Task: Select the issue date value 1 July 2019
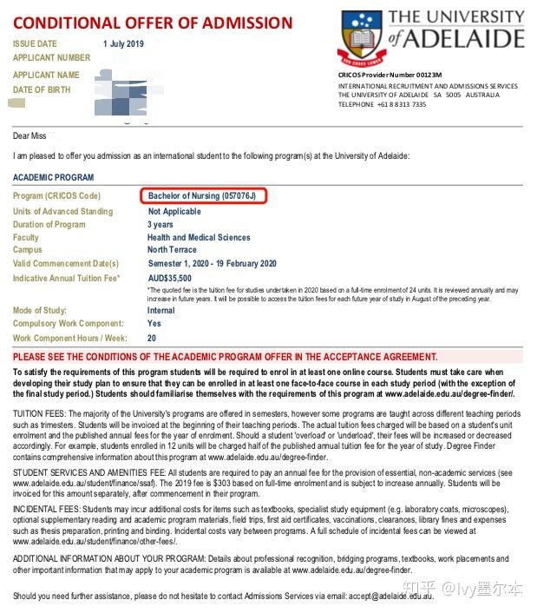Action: pos(123,43)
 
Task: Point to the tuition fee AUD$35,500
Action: pos(170,278)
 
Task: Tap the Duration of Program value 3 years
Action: pos(160,224)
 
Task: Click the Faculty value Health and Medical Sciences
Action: pos(199,237)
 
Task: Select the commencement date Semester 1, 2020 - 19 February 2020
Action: pos(212,263)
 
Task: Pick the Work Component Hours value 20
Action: pos(152,338)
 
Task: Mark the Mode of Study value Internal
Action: pos(160,310)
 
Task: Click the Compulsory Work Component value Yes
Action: pos(154,323)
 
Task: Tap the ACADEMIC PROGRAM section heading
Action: pos(54,177)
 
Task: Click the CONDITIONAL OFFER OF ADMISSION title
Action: pos(152,22)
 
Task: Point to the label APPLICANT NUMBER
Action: pos(51,57)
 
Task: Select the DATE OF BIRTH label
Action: pos(41,89)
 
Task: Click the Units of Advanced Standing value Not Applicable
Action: pos(174,211)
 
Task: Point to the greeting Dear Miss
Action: pos(29,135)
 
